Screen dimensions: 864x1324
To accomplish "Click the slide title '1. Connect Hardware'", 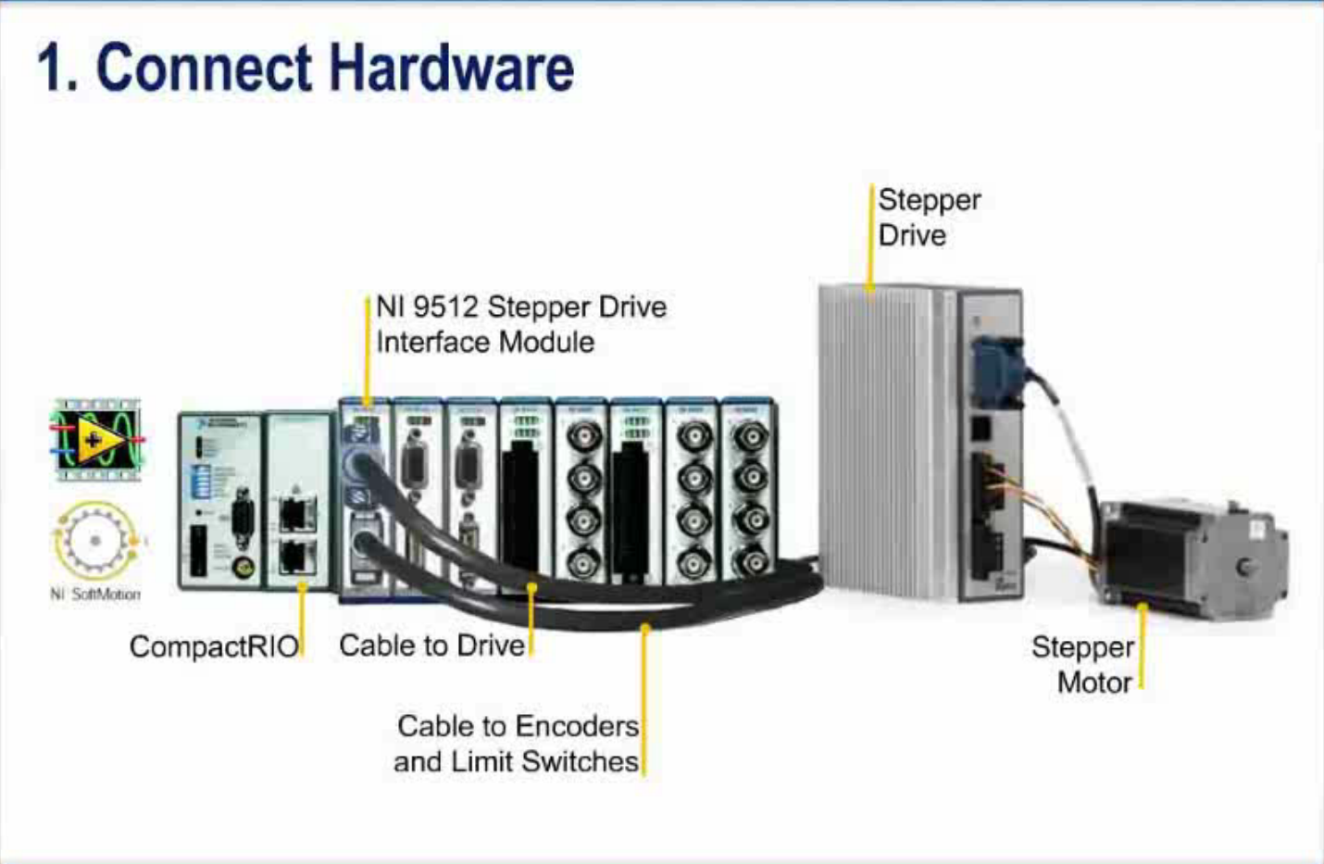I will tap(306, 69).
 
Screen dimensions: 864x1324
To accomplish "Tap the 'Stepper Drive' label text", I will tap(928, 218).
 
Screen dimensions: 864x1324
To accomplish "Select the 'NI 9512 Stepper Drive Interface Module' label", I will tap(520, 324).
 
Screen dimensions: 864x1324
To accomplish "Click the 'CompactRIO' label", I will tap(214, 645).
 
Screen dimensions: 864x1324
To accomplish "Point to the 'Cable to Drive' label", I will tap(431, 645).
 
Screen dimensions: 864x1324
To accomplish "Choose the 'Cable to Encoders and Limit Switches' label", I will tap(517, 744).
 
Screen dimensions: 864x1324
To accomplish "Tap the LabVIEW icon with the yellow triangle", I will tap(97, 440).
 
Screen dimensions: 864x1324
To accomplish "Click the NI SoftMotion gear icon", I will tap(95, 540).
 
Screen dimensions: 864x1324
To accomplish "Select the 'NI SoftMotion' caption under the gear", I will tap(95, 595).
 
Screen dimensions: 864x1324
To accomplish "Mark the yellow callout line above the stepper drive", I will tap(871, 236).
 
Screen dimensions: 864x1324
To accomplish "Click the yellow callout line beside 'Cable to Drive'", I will tap(531, 620).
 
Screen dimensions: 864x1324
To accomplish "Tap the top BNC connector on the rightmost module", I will tap(750, 436).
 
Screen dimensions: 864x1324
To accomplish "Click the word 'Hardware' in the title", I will tap(451, 69).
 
